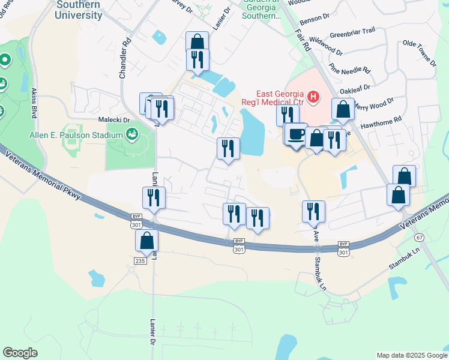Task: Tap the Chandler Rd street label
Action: coord(125,59)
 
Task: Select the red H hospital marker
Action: coord(313,96)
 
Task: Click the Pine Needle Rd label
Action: coord(350,70)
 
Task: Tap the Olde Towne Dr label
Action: coord(419,52)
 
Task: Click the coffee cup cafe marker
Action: coord(295,134)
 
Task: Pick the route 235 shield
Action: coord(140,260)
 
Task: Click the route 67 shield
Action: coord(418,238)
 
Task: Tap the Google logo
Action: coord(20,353)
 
